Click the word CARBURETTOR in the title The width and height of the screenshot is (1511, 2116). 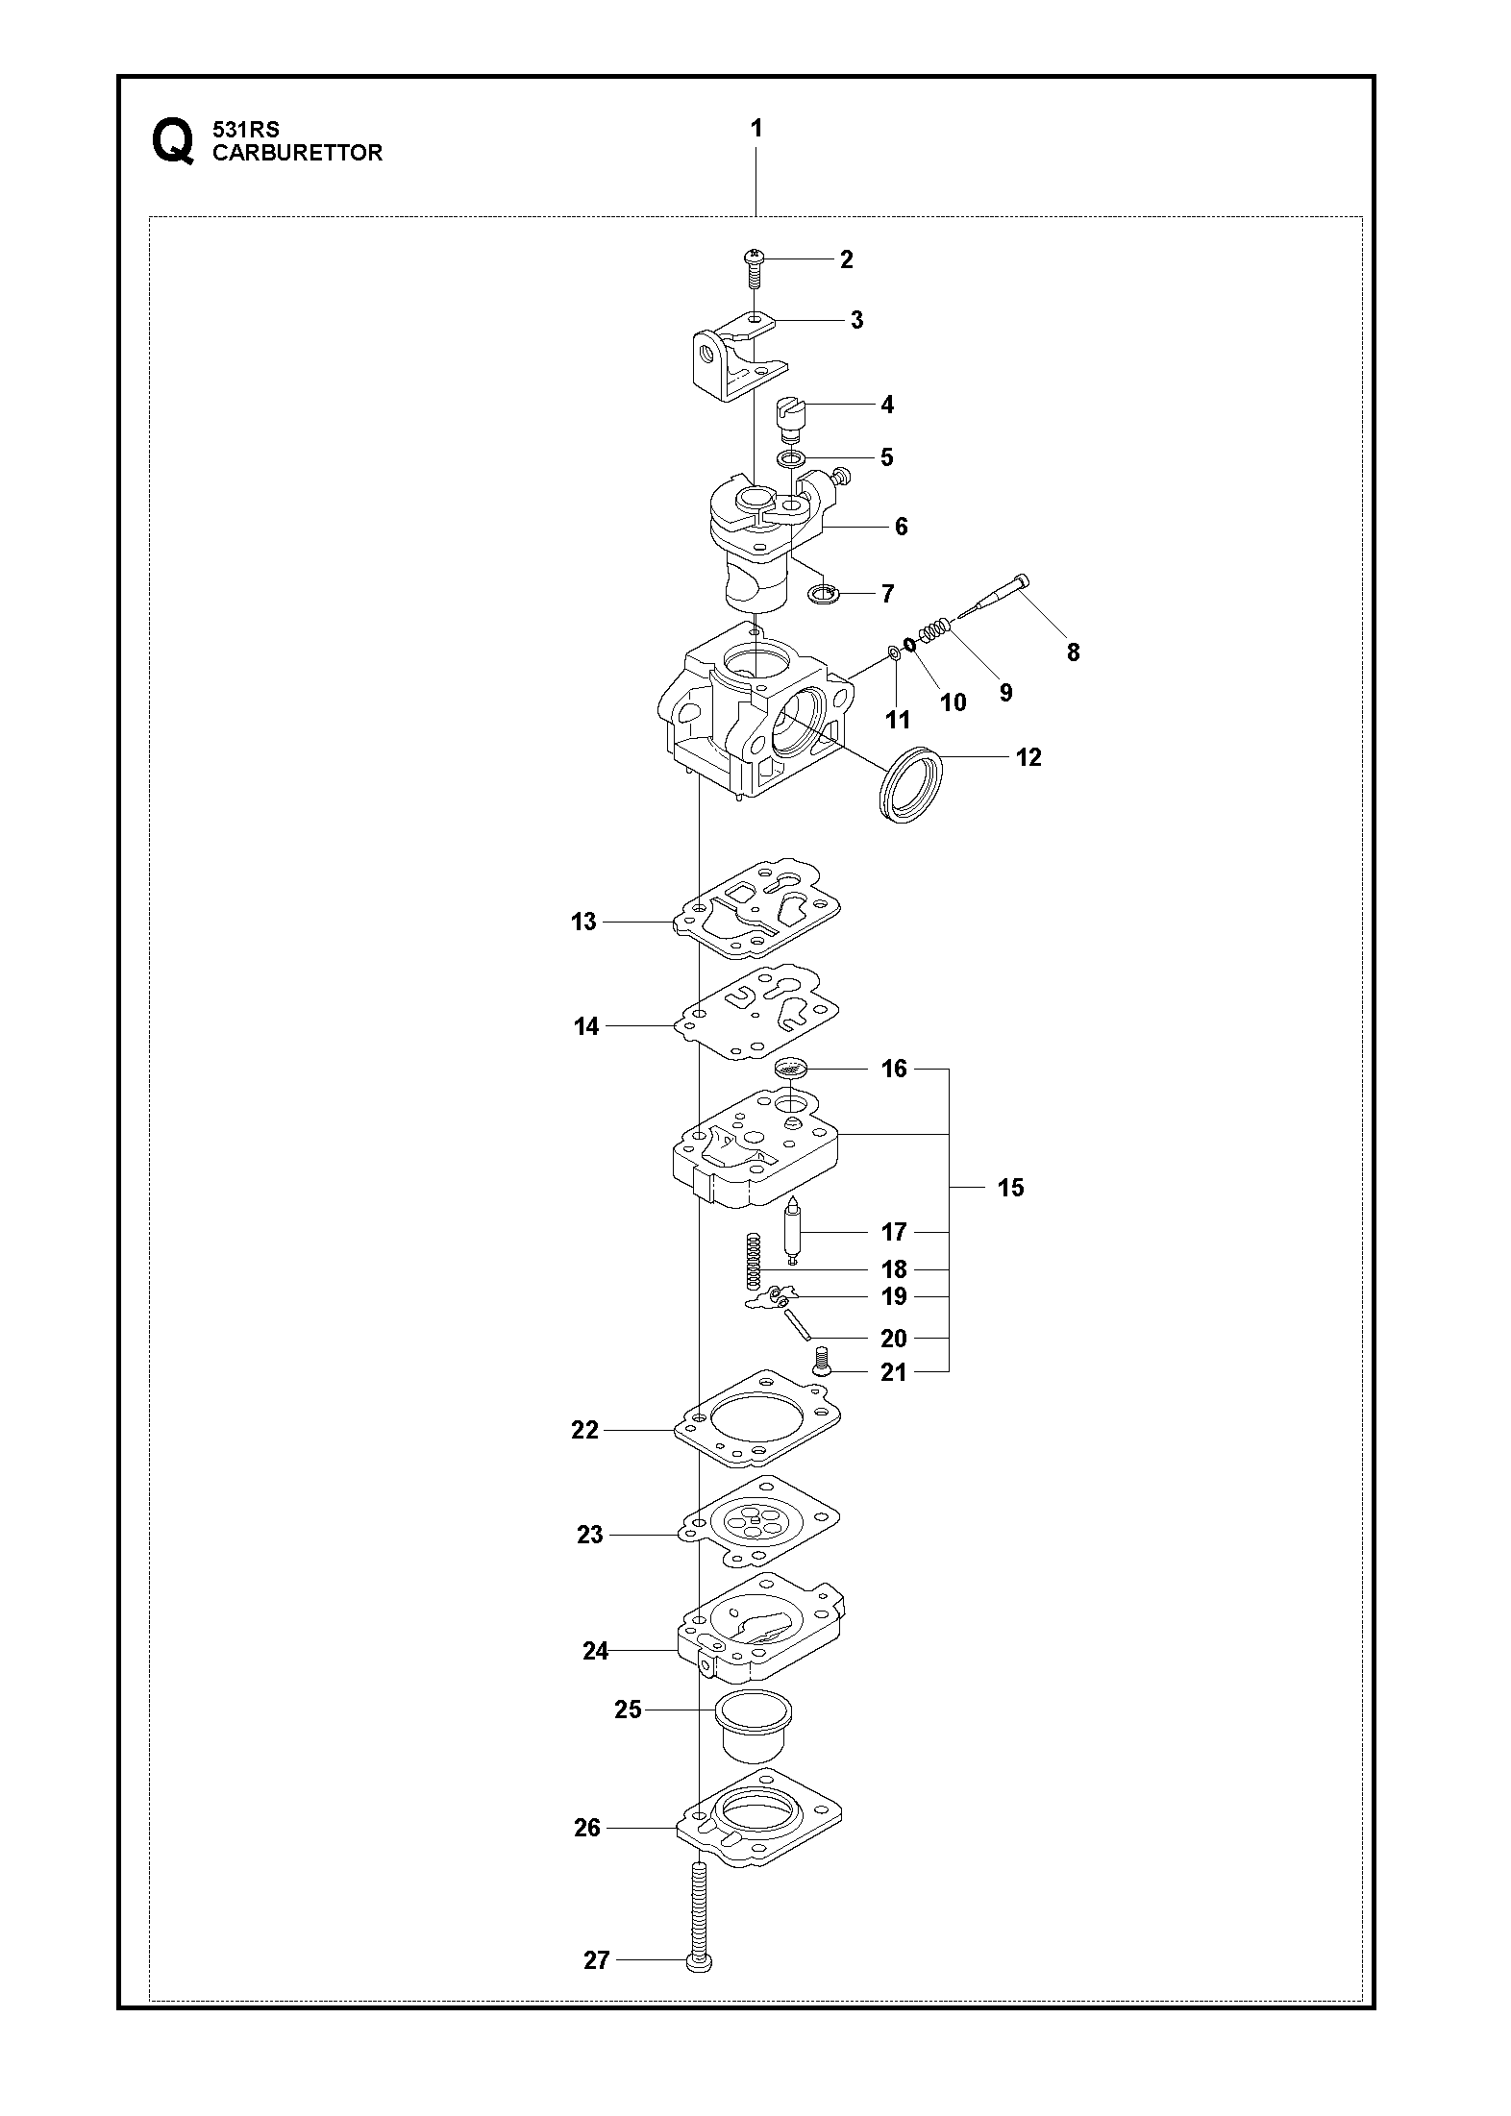[x=297, y=153]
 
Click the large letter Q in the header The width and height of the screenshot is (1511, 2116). [x=172, y=143]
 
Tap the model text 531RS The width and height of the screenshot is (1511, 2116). [x=246, y=130]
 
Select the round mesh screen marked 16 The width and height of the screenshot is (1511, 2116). [x=790, y=1067]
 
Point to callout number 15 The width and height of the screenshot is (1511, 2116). [x=1010, y=1188]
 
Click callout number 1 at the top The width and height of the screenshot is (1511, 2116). [x=756, y=128]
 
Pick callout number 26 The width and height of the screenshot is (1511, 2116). [x=587, y=1828]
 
